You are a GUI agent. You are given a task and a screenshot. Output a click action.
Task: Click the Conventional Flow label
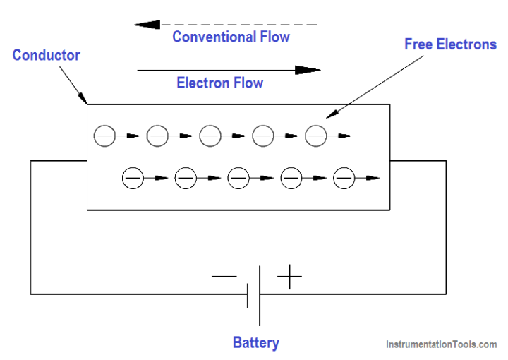click(x=231, y=37)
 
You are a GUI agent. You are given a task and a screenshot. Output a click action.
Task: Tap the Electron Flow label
click(x=219, y=83)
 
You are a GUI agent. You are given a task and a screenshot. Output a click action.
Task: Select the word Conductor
click(x=46, y=55)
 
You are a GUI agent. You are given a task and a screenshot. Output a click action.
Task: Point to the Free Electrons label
click(x=450, y=44)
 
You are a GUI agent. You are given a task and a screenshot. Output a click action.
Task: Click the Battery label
click(x=255, y=343)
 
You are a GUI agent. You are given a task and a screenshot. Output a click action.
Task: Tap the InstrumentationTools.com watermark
click(x=441, y=344)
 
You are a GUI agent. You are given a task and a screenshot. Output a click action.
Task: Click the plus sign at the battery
click(x=289, y=277)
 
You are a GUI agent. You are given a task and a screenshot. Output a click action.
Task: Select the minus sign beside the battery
click(x=224, y=277)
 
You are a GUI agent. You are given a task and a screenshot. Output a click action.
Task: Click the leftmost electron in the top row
click(x=104, y=135)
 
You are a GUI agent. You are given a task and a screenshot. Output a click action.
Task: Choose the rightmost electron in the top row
click(x=316, y=135)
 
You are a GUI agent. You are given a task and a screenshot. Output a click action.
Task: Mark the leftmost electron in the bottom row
click(x=133, y=179)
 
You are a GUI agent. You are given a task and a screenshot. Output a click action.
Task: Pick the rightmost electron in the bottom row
click(x=344, y=179)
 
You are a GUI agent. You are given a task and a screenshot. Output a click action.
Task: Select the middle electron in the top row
click(x=210, y=135)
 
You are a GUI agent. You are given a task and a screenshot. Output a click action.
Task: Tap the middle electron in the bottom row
click(x=238, y=179)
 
